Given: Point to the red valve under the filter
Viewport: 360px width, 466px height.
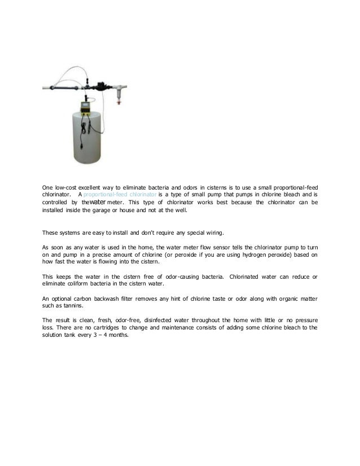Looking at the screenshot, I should coord(118,101).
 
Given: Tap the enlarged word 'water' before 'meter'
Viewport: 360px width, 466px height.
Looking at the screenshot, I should coord(98,201).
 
